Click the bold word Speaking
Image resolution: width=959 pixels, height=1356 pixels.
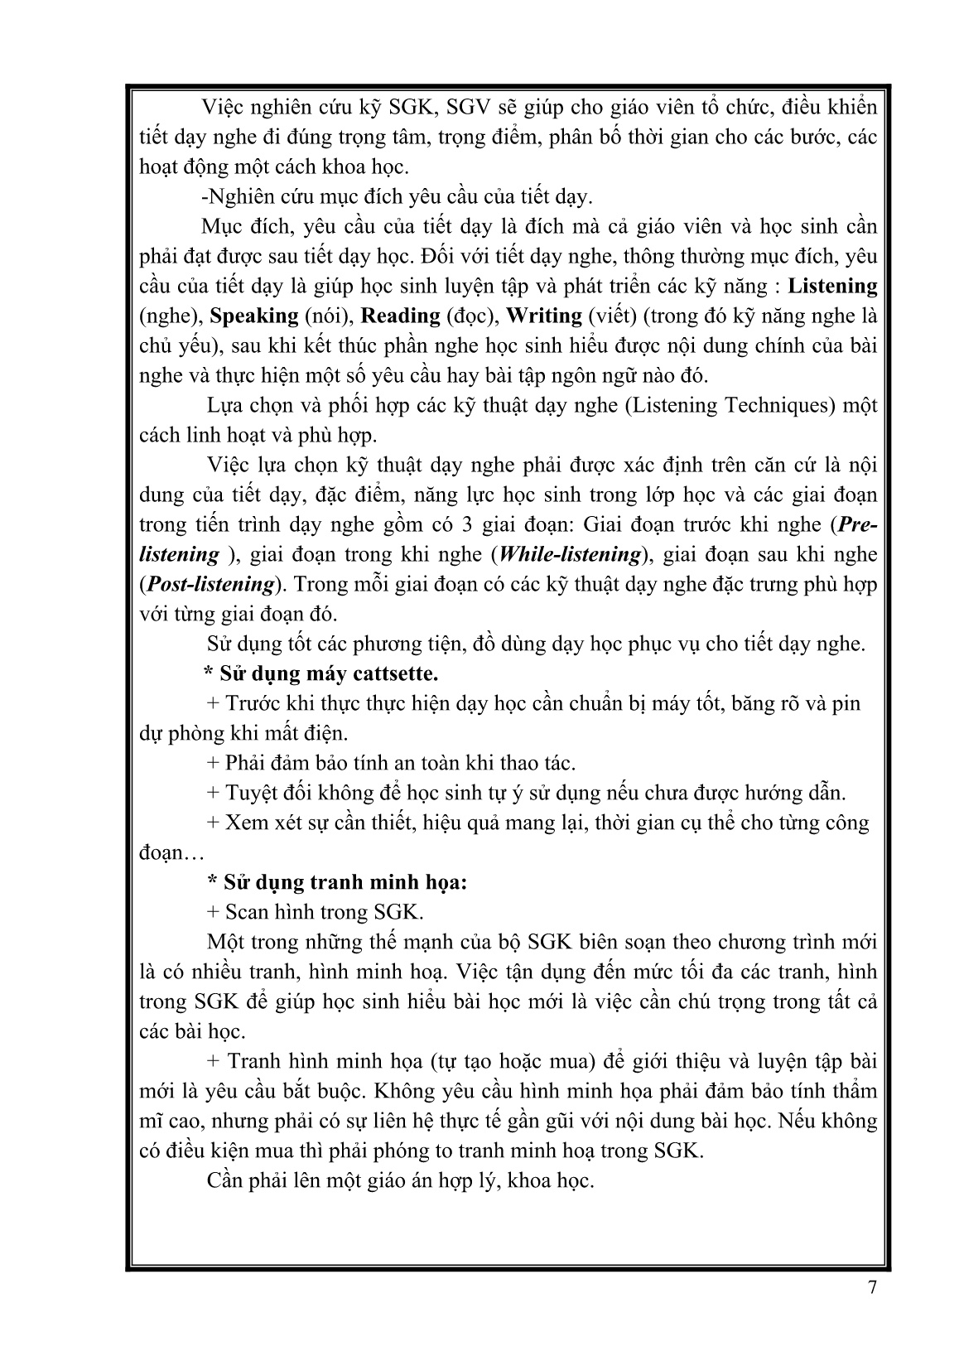pyautogui.click(x=254, y=316)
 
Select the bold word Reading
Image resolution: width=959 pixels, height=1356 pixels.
pyautogui.click(x=401, y=316)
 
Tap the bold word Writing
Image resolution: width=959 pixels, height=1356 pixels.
pyautogui.click(x=543, y=316)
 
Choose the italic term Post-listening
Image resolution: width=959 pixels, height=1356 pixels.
pyautogui.click(x=210, y=584)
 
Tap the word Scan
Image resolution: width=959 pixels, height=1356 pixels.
pyautogui.click(x=246, y=912)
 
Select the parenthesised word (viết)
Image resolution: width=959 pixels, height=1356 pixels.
pyautogui.click(x=613, y=316)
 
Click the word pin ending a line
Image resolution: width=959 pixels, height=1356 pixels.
pyautogui.click(x=846, y=703)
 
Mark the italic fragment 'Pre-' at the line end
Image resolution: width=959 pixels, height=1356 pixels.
pyautogui.click(x=858, y=524)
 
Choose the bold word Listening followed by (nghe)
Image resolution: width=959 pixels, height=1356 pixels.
pyautogui.click(x=831, y=286)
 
